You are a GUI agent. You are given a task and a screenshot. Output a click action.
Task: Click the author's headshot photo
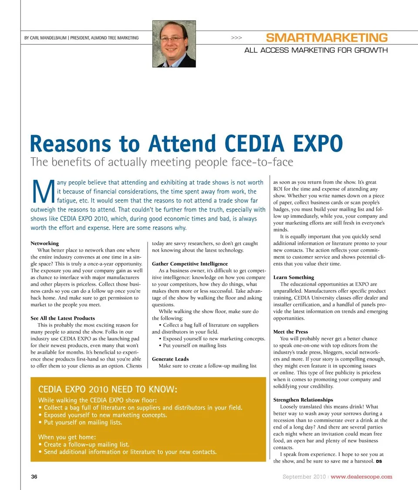[x=174, y=44]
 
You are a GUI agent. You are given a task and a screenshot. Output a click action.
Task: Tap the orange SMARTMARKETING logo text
[x=327, y=37]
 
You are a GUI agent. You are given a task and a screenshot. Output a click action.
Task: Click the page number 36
[x=34, y=476]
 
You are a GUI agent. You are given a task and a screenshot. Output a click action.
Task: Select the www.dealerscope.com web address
[x=361, y=476]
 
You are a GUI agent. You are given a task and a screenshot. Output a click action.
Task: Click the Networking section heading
[x=44, y=243]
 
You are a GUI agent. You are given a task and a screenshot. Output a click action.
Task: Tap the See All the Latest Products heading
[x=62, y=318]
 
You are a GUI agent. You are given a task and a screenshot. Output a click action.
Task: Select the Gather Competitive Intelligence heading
[x=189, y=264]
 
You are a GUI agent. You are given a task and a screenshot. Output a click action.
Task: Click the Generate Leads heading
[x=170, y=359]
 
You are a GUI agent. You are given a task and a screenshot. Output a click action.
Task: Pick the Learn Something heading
[x=293, y=277]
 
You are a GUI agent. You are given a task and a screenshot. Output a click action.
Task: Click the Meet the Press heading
[x=290, y=331]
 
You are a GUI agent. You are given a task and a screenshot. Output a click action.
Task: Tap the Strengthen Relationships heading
[x=303, y=399]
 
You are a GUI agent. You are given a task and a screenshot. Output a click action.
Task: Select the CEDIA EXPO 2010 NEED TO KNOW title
[x=108, y=389]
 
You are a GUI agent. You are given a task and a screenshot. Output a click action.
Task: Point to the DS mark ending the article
[x=379, y=462]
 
